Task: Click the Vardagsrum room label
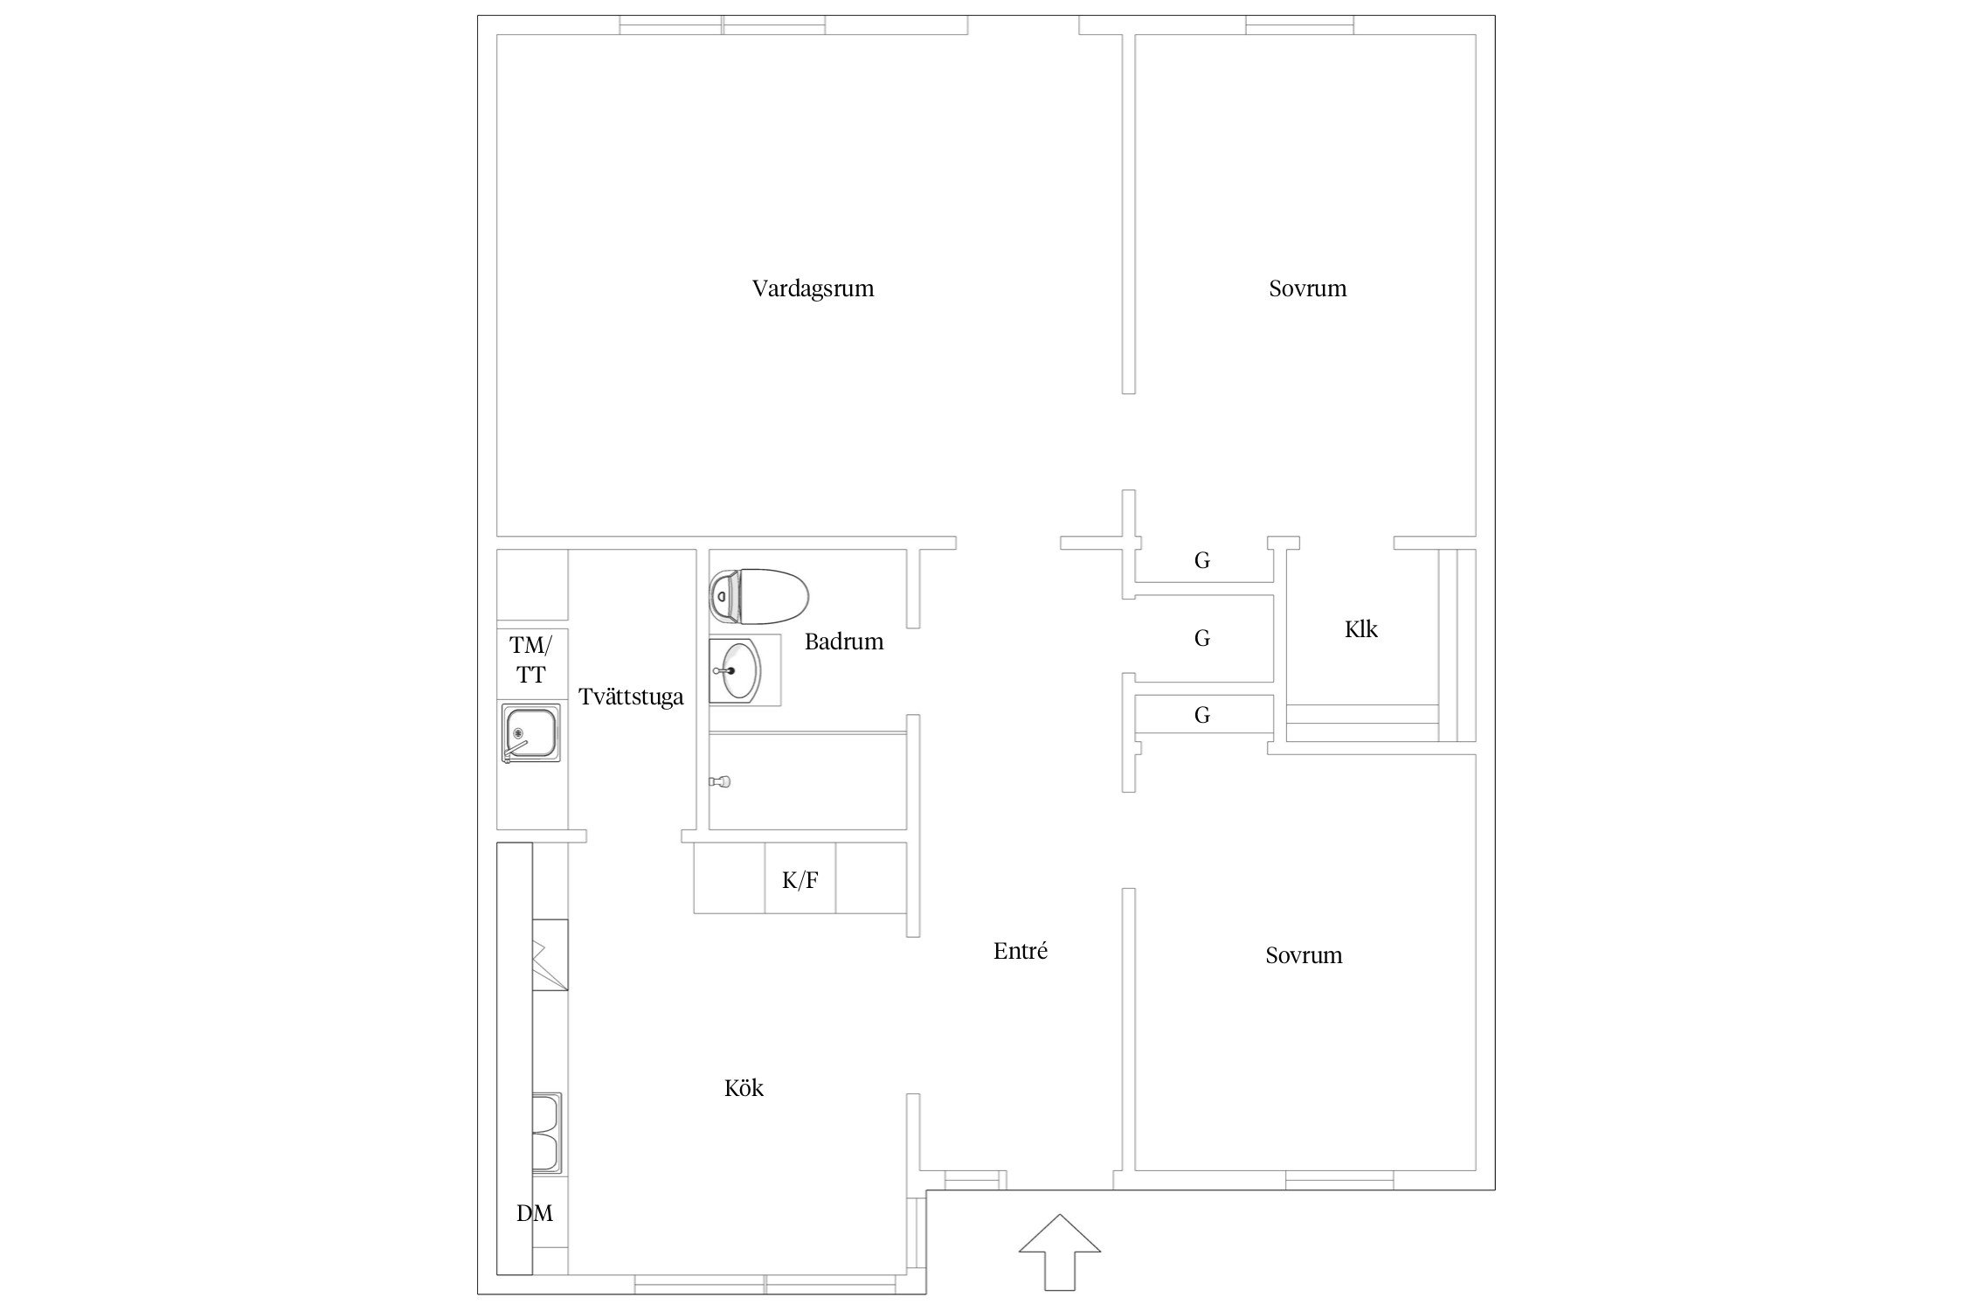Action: point(813,288)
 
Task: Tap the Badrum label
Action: point(844,642)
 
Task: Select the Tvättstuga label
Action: point(631,697)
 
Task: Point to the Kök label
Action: point(744,1088)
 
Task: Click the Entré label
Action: point(1021,951)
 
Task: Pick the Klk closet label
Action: point(1360,629)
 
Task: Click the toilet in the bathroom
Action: point(758,597)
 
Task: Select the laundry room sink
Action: point(530,732)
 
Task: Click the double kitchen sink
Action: point(546,1132)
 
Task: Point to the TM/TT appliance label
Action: point(531,660)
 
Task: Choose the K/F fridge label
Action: point(800,881)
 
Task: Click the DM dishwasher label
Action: point(535,1213)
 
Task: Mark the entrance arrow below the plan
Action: point(1060,1251)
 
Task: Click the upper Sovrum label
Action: point(1307,288)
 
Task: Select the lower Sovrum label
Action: point(1304,955)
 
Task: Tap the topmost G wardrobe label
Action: point(1202,561)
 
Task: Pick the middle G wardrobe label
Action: point(1202,639)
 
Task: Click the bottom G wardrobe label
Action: point(1202,716)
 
